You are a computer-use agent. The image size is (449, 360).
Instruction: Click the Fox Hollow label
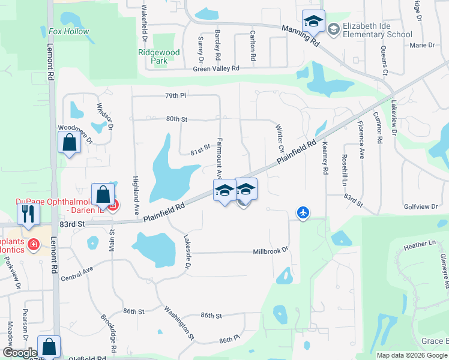(x=69, y=31)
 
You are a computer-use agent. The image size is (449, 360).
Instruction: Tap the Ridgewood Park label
(x=159, y=56)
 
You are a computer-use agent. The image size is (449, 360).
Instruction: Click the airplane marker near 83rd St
(x=304, y=212)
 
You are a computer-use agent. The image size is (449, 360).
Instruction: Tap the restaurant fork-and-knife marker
(x=28, y=213)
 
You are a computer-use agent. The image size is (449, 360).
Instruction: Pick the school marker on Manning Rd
(x=313, y=21)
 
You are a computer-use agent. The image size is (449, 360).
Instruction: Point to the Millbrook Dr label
(x=271, y=250)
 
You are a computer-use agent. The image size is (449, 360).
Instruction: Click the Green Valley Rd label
(x=216, y=69)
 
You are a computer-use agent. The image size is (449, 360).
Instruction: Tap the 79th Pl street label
(x=176, y=95)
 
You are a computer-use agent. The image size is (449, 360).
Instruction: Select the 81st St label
(x=200, y=147)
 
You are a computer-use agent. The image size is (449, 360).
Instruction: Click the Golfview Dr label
(x=421, y=206)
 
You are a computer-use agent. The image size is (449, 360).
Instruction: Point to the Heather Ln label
(x=420, y=245)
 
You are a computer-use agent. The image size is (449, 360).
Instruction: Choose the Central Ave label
(x=77, y=274)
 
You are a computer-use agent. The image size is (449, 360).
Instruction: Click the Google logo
(x=20, y=353)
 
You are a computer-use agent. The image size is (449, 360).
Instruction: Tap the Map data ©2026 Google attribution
(x=412, y=355)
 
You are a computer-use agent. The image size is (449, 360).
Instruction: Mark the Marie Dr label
(x=421, y=45)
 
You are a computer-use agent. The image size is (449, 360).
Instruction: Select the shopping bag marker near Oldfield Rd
(x=49, y=346)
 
